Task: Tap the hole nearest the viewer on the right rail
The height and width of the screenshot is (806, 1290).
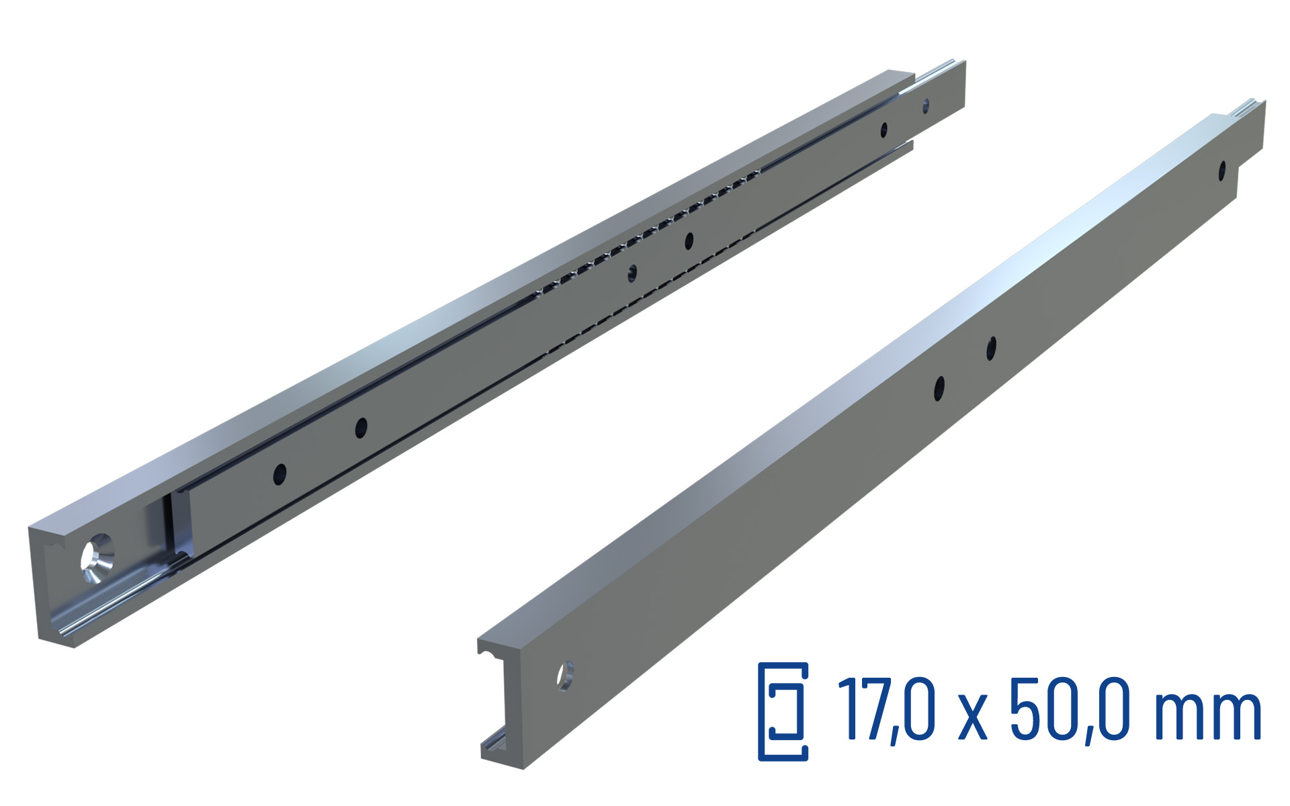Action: tap(565, 676)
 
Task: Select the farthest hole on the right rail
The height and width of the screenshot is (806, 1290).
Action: tap(1222, 171)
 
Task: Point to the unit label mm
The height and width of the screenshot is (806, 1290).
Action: tap(1207, 716)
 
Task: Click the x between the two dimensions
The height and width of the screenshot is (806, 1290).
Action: tap(972, 718)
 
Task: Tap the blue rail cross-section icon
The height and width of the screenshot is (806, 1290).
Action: tap(783, 711)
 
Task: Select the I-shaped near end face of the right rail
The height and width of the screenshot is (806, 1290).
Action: tap(501, 702)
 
